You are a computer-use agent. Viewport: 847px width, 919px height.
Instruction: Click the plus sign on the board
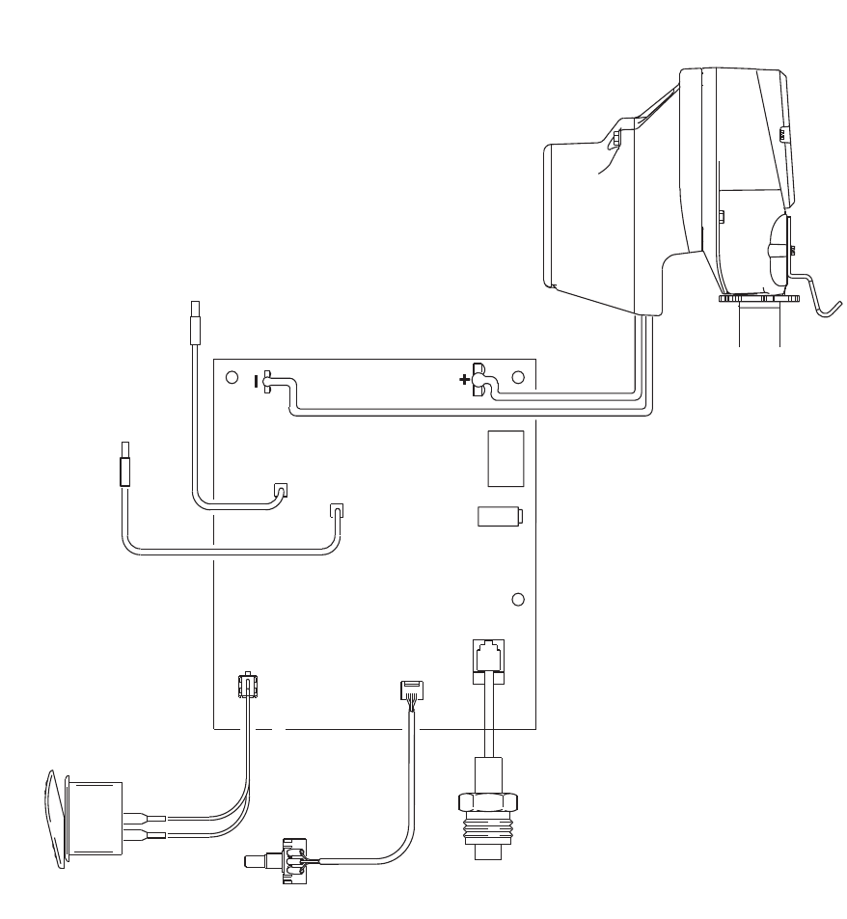pyautogui.click(x=465, y=379)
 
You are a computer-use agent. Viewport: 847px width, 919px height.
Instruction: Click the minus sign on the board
pyautogui.click(x=257, y=381)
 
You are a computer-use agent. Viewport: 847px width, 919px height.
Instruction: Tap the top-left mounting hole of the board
pyautogui.click(x=232, y=378)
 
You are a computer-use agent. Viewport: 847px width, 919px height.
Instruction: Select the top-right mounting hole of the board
pyautogui.click(x=517, y=377)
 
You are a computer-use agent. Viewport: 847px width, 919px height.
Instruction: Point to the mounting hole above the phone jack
pyautogui.click(x=517, y=600)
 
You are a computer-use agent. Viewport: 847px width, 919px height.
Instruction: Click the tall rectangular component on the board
pyautogui.click(x=505, y=458)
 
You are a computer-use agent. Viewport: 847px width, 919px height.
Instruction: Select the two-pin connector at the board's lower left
pyautogui.click(x=247, y=688)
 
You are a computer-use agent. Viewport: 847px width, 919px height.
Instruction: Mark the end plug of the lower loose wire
pyautogui.click(x=124, y=464)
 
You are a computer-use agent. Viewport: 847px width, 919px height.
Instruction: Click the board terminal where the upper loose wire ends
pyautogui.click(x=282, y=490)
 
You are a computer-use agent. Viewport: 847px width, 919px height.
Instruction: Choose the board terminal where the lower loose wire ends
pyautogui.click(x=337, y=510)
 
